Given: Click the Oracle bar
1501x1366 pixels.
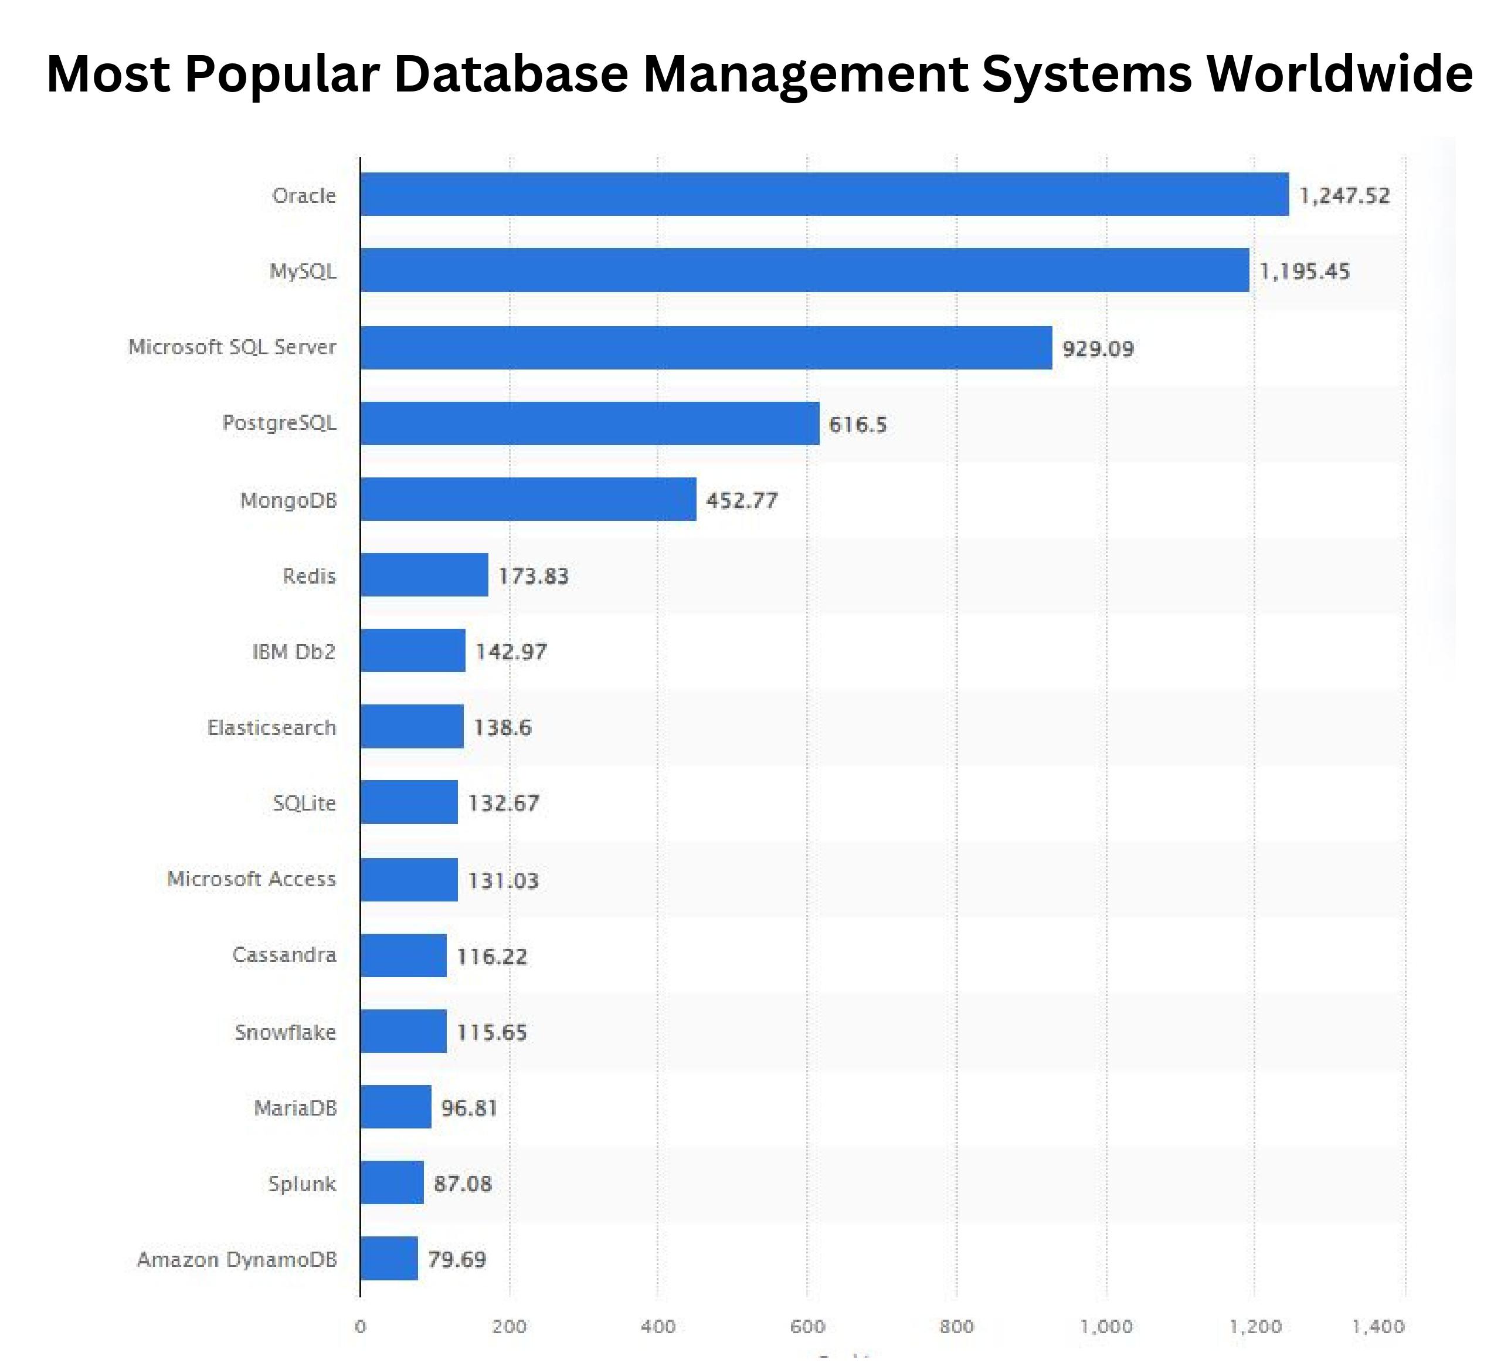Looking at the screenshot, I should click(x=824, y=194).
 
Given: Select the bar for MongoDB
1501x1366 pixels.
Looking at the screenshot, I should click(x=528, y=499).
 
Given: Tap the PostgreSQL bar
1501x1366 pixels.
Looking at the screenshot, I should click(x=590, y=423).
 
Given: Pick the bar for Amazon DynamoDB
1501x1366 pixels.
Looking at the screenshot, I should click(x=389, y=1259).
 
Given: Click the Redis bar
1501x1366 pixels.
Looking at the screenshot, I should click(x=425, y=575).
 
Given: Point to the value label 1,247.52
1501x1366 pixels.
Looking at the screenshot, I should click(x=1344, y=196).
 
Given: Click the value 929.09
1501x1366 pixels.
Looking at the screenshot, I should click(x=1098, y=348).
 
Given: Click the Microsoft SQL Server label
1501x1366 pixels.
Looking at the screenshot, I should click(x=232, y=347).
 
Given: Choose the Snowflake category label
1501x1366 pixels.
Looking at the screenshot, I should click(x=285, y=1032).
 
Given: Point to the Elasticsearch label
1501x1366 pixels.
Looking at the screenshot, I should click(x=271, y=728).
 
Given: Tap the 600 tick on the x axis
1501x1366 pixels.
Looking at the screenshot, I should click(x=807, y=1327).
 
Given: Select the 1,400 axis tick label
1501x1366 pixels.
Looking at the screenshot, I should click(x=1377, y=1327).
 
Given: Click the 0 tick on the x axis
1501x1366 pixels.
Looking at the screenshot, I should click(x=361, y=1327).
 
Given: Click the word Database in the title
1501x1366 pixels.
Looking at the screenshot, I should click(x=511, y=74).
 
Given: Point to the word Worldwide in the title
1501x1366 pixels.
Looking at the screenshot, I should click(x=1339, y=74).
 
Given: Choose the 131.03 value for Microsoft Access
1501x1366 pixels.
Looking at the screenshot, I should click(x=502, y=880).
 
